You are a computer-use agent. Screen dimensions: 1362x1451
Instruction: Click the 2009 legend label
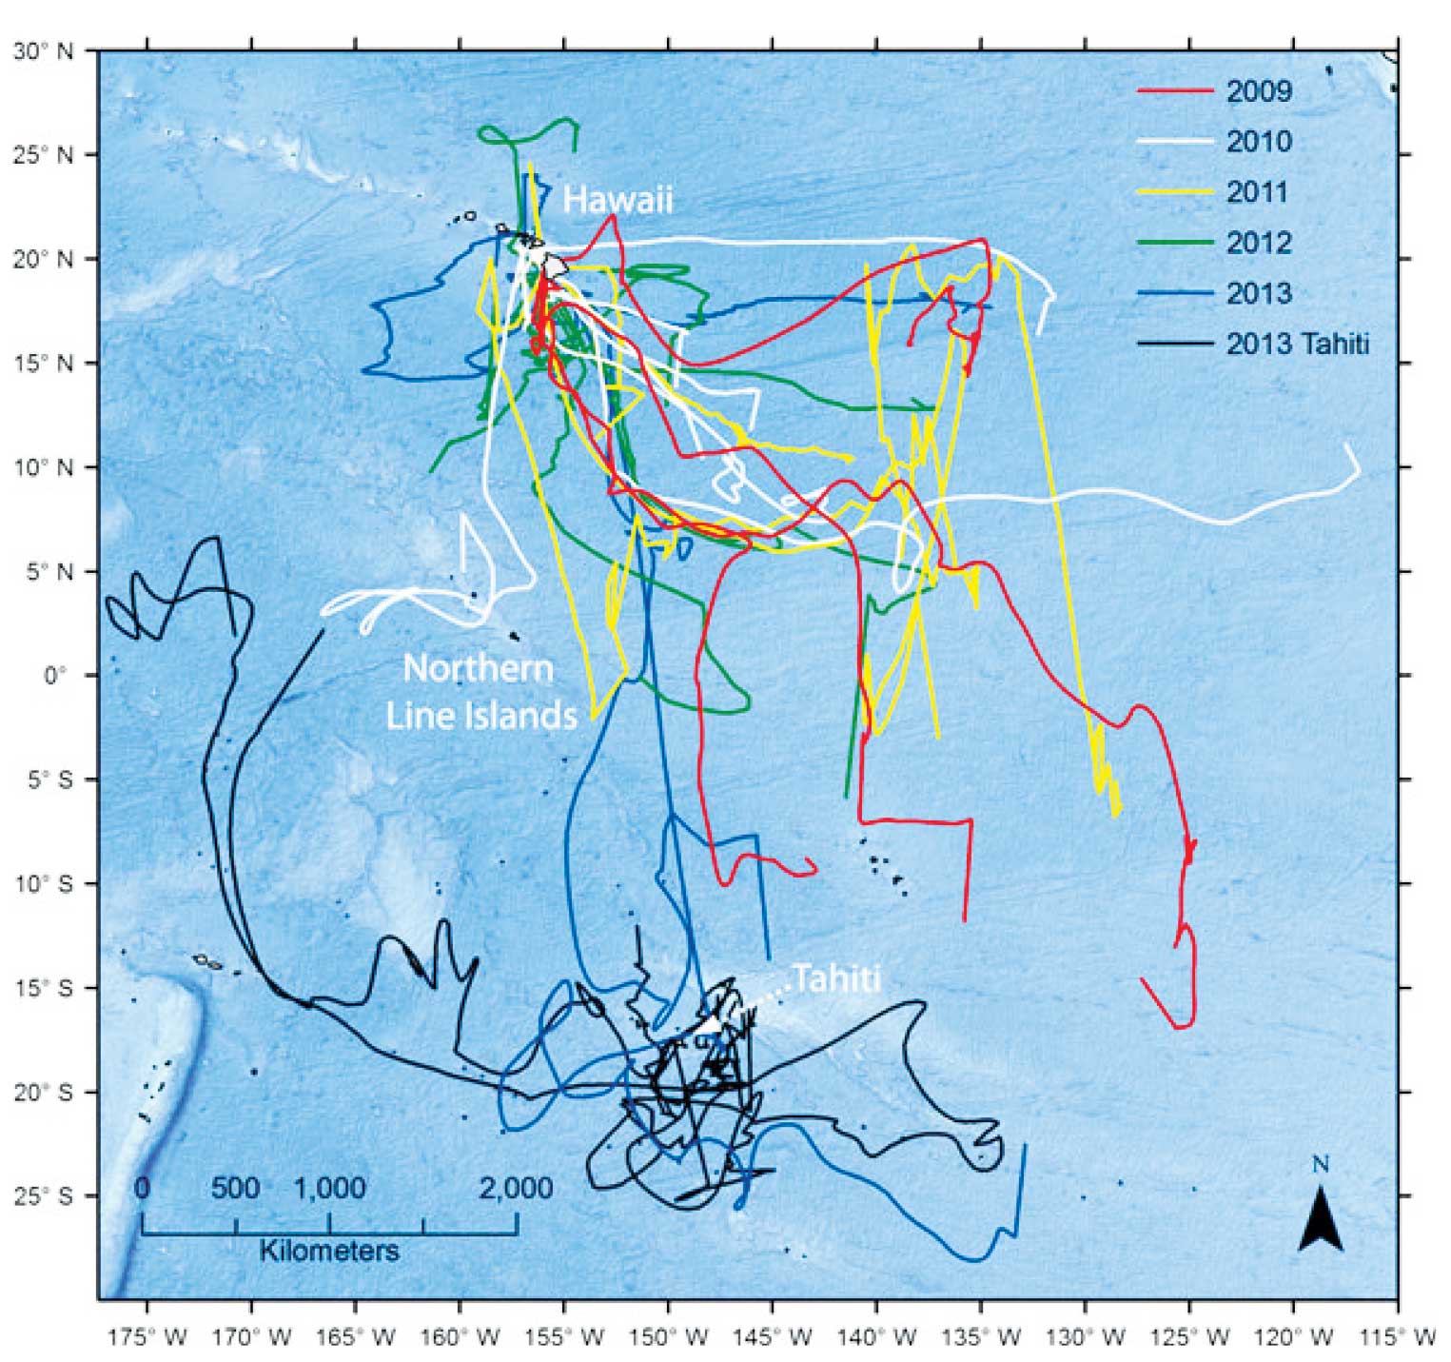click(1259, 91)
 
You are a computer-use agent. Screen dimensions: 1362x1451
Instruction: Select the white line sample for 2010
click(1175, 142)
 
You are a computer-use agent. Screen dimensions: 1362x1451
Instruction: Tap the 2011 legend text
click(1257, 192)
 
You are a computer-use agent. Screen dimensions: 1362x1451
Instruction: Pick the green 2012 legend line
click(1175, 243)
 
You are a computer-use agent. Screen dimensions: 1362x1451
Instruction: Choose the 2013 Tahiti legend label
click(1297, 344)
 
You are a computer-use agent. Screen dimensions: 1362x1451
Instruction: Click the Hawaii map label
click(618, 200)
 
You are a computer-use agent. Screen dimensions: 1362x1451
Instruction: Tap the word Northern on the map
click(478, 668)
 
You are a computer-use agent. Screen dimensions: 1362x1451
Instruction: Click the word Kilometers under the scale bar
click(329, 1250)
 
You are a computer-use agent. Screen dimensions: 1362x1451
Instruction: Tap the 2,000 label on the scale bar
click(515, 1188)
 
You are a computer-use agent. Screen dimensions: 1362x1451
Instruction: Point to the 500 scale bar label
click(235, 1188)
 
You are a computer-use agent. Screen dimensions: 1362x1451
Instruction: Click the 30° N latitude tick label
click(43, 51)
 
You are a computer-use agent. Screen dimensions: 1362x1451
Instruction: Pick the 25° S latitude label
click(43, 1196)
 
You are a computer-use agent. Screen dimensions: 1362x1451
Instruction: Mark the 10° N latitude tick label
click(43, 467)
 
